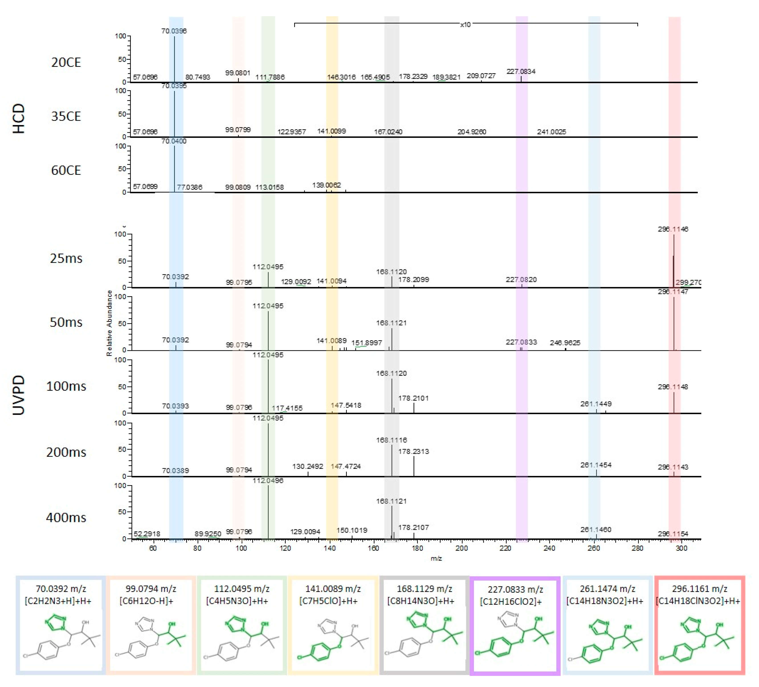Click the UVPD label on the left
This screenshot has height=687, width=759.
[19, 395]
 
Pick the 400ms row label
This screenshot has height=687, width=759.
[66, 517]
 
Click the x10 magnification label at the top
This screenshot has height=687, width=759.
[465, 25]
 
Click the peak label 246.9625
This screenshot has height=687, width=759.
[565, 343]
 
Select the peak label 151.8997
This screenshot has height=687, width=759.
[366, 343]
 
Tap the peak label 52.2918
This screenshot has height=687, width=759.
[147, 534]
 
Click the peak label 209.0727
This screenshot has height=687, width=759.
[481, 76]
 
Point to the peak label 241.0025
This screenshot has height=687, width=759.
[551, 132]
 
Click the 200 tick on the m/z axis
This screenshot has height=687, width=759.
[462, 548]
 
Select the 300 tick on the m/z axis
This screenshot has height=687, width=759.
[681, 548]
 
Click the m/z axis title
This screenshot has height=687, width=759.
[436, 558]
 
